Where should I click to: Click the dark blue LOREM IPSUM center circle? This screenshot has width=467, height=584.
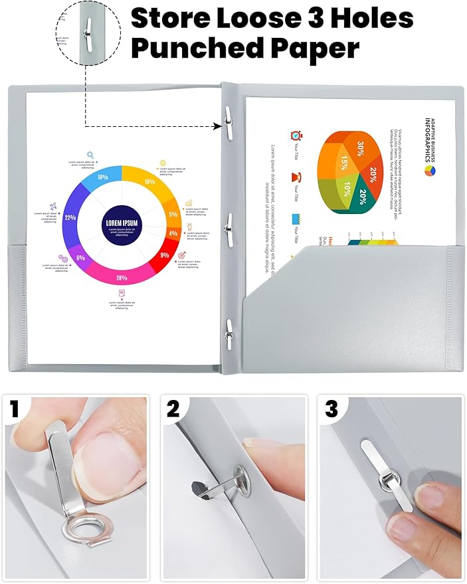[x=121, y=224]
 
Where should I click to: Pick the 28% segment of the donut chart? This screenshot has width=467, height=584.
[x=122, y=278]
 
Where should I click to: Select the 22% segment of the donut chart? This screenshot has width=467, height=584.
[x=70, y=217]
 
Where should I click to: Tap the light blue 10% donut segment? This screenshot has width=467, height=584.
[x=102, y=177]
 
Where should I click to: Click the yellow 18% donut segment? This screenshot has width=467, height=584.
[x=149, y=181]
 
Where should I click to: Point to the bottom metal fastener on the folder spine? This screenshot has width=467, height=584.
[x=228, y=328]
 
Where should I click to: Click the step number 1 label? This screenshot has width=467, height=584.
[x=15, y=410]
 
